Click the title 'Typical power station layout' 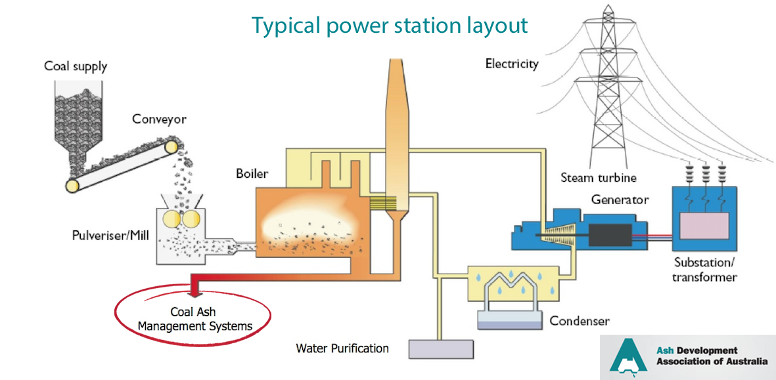[390, 25]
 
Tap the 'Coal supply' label [75, 66]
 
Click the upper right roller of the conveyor [171, 147]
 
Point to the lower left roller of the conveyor [72, 185]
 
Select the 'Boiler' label [252, 174]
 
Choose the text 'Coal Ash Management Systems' [194, 319]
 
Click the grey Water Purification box [442, 349]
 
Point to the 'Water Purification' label [342, 348]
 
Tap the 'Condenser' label [580, 322]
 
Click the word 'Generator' [620, 200]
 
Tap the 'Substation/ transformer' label [704, 270]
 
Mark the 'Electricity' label [512, 64]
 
